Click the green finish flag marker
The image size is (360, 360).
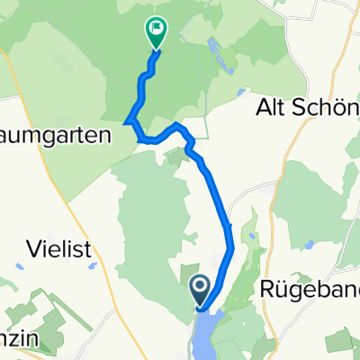(156, 31)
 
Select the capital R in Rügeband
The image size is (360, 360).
(267, 290)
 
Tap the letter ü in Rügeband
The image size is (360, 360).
(281, 290)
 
